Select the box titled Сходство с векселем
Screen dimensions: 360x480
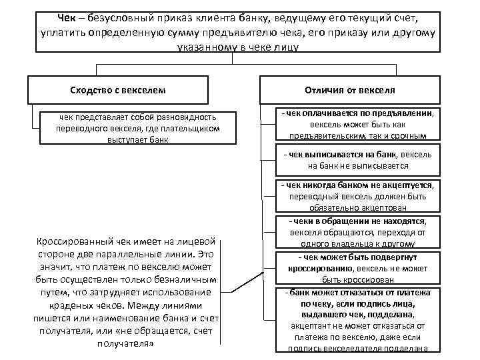[x=117, y=89]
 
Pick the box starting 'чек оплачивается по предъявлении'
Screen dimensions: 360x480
[x=359, y=125]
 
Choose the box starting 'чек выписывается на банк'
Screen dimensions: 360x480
[x=359, y=160]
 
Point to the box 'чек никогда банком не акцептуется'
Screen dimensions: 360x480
[x=359, y=196]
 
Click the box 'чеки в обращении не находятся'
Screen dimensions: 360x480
[x=359, y=233]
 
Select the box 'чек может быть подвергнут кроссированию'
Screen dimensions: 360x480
[x=359, y=269]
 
